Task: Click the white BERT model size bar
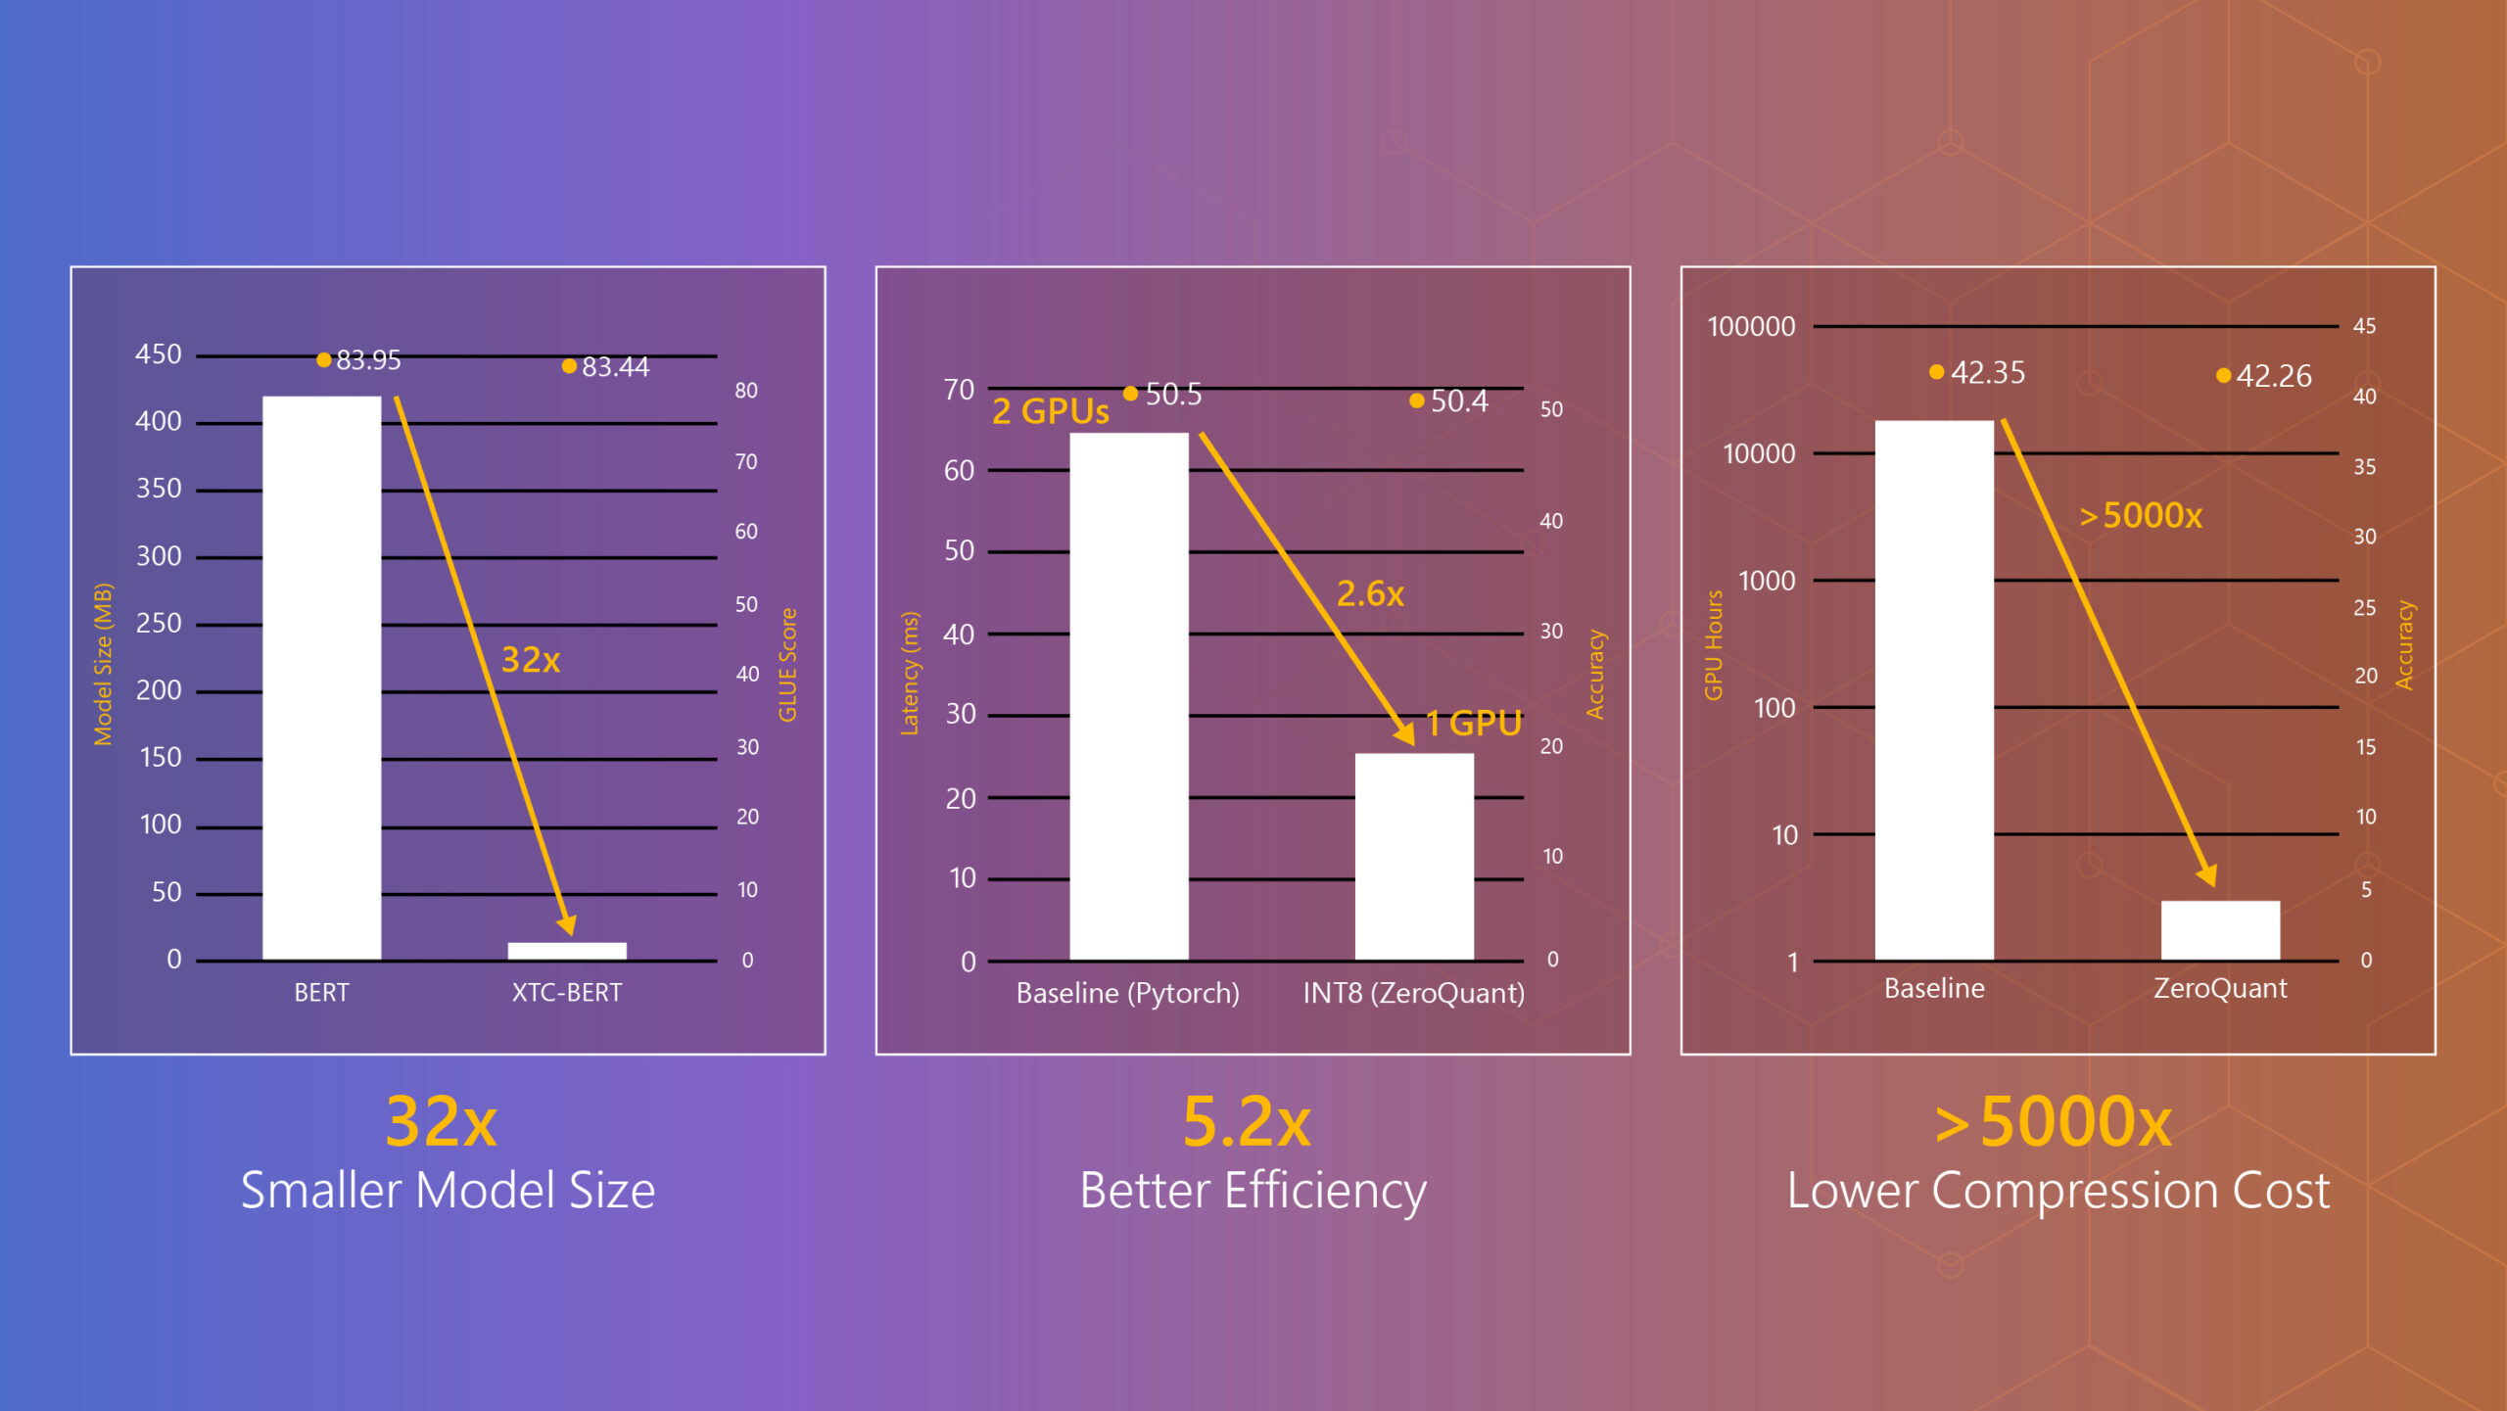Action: pos(321,676)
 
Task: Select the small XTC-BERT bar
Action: pos(566,950)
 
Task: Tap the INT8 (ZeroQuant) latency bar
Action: pos(1413,856)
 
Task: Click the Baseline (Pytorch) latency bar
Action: pos(1128,695)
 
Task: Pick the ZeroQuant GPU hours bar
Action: pos(2219,929)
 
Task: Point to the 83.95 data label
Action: pos(367,360)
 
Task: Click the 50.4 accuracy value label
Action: pos(1458,401)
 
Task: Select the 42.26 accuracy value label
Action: pos(2273,376)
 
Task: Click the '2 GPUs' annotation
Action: pos(1050,411)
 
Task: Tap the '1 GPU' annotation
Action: pos(1473,724)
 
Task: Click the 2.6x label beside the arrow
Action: pos(1369,593)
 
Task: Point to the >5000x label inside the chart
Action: pos(2140,515)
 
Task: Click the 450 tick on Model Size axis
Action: pos(158,354)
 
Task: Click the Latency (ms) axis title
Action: pos(910,673)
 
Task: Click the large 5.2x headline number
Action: pos(1246,1122)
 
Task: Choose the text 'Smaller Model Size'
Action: pos(448,1191)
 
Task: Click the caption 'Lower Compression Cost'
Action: pos(2058,1191)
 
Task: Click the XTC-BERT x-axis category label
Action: pos(566,992)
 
